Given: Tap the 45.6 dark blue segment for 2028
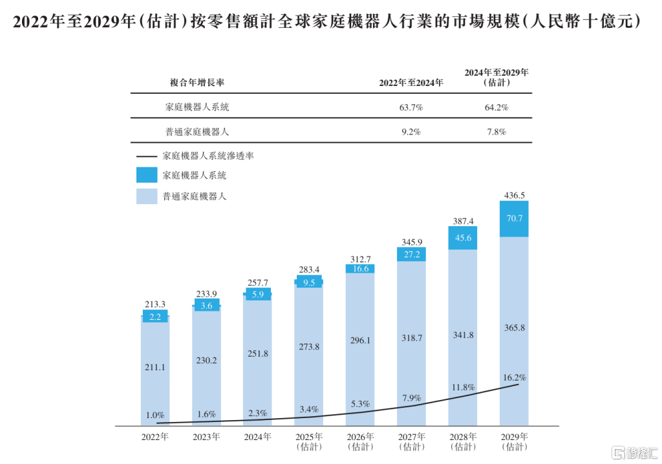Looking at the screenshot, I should click(x=463, y=238).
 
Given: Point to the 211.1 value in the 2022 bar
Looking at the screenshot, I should click(x=155, y=367).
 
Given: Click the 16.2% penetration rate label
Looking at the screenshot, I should click(x=514, y=377).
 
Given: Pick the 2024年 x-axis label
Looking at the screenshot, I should click(x=257, y=437).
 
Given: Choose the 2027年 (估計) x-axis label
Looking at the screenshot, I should click(x=411, y=441).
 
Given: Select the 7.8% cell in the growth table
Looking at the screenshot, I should click(x=496, y=131).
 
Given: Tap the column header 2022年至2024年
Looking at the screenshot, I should click(x=411, y=83).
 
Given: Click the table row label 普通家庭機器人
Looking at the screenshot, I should click(x=197, y=131).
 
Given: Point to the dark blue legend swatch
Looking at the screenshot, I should click(x=147, y=175).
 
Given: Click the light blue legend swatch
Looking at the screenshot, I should click(x=147, y=196).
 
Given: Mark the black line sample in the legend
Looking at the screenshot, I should click(x=147, y=156).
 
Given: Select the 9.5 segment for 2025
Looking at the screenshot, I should click(x=308, y=282).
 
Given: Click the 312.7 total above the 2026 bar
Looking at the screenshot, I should click(x=360, y=259).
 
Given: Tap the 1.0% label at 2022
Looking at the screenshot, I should click(x=155, y=414).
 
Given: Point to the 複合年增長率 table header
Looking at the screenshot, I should click(x=197, y=83).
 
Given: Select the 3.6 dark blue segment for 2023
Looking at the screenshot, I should click(x=206, y=306).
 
